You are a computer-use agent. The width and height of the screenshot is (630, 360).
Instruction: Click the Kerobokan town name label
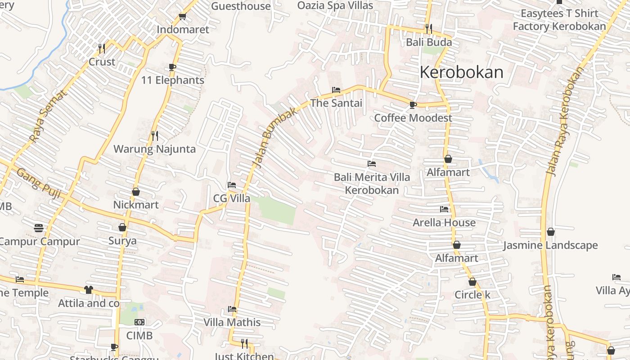point(461,72)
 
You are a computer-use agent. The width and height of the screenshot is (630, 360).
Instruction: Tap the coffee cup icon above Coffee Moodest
point(413,105)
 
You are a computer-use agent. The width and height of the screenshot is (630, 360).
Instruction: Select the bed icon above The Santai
point(336,90)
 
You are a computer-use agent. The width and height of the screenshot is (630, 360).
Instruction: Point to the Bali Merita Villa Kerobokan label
point(372,184)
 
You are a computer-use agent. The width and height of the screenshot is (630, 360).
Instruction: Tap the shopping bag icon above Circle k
point(472,282)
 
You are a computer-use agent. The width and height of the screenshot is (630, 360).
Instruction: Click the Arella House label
point(444,222)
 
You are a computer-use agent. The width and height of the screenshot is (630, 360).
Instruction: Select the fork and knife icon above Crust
point(102,48)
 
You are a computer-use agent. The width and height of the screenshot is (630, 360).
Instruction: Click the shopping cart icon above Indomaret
point(182,17)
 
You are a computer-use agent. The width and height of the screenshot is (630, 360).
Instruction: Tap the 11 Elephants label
point(173,80)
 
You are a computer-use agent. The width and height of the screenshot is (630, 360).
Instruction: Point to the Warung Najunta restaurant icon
point(154,135)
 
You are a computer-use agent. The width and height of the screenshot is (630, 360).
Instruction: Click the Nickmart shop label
point(136,205)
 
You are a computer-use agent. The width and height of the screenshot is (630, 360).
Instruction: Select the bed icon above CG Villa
point(232,185)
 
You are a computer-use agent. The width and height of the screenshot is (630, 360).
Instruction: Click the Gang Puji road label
point(39,180)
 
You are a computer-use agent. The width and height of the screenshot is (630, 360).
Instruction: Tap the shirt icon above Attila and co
point(88,290)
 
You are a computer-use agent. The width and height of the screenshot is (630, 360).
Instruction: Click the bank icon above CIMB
point(139,322)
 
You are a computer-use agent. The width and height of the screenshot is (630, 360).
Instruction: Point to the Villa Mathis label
point(232,322)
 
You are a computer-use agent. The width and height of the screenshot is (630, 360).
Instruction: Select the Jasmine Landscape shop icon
point(550,232)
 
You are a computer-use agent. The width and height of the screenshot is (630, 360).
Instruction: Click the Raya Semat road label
point(48,116)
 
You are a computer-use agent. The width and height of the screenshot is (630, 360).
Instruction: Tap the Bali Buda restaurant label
point(429,42)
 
